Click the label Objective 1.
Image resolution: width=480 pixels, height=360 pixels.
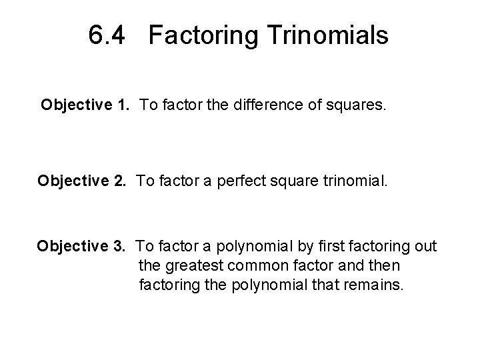(x=83, y=105)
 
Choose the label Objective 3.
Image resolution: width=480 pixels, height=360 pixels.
(x=82, y=247)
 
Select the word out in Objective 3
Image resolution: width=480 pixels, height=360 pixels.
(x=425, y=247)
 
